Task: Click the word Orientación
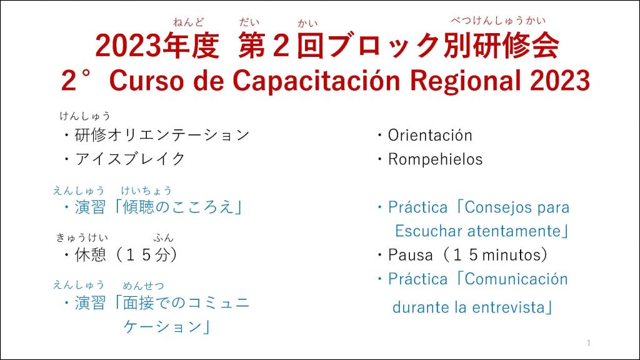coord(430,136)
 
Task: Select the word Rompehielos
coord(435,159)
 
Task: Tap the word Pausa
coord(410,255)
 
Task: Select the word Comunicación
coord(516,279)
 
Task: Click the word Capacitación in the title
coord(316,80)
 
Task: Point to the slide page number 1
coord(589,343)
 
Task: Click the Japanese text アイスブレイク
coord(130,159)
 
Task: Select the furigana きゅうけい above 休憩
coord(82,237)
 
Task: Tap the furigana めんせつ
coord(143,285)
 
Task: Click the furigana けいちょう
coord(146,190)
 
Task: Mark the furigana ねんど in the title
coord(188,22)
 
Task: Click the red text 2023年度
coord(157,45)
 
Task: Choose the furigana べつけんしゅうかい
coord(498,21)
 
